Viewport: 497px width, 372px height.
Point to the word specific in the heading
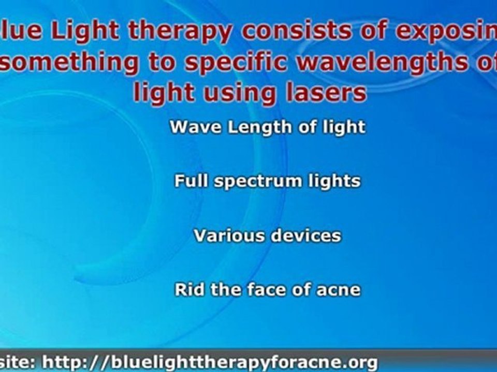pos(223,63)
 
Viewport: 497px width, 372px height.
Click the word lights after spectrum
pos(334,181)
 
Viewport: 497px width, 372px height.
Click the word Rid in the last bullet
pos(187,289)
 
